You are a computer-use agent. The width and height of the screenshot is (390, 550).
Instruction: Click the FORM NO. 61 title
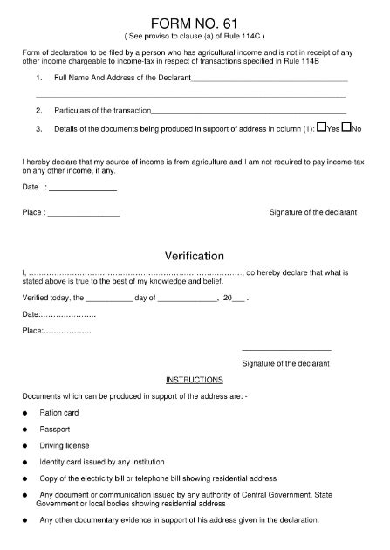tap(195, 21)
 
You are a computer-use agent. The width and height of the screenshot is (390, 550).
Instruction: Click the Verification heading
tap(195, 256)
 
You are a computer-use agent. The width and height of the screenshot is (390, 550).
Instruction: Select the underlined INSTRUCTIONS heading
tap(195, 380)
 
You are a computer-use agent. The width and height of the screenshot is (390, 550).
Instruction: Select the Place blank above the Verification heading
tap(83, 214)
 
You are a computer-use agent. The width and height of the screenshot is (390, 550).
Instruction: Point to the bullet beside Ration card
tap(26, 413)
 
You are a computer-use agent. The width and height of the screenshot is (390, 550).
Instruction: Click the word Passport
tap(54, 430)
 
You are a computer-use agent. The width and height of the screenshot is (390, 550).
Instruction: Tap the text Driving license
tap(64, 446)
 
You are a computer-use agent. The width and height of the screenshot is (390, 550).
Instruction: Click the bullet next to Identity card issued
tap(26, 463)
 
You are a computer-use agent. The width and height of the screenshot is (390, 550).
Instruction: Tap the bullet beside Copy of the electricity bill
tap(26, 479)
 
